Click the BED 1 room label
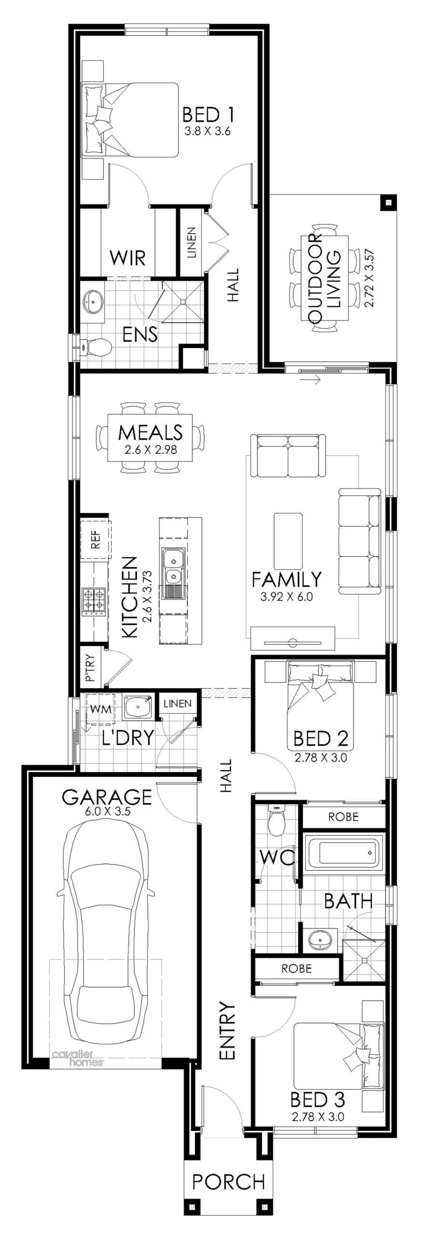coord(208,115)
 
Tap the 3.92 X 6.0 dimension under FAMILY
coord(286,596)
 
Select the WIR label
coord(127,258)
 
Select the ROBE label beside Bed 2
coord(343,817)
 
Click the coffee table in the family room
coord(288,541)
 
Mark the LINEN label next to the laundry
coord(177,704)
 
